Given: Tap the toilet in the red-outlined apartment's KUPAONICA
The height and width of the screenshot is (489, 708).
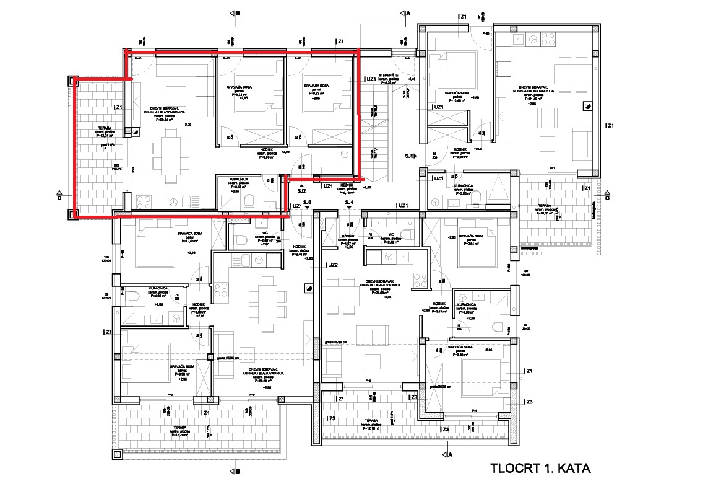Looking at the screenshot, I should [x=248, y=203].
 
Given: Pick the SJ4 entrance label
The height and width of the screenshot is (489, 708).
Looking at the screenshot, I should [x=350, y=203].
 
